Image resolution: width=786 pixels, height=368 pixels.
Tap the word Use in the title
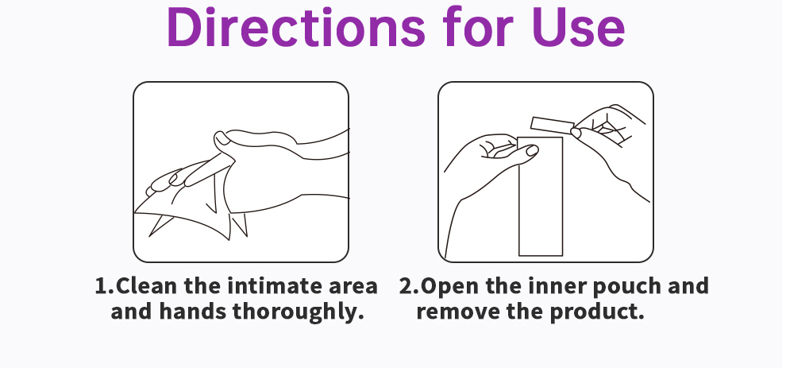tap(578, 27)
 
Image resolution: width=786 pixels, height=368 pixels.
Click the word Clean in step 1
tap(146, 286)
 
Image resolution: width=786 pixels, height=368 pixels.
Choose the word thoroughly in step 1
tap(298, 312)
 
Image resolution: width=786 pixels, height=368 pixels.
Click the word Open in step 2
tap(450, 287)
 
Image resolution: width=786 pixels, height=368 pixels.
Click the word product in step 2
tap(596, 312)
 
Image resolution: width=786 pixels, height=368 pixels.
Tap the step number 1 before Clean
tap(102, 286)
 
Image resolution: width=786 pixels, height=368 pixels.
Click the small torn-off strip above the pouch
tap(553, 125)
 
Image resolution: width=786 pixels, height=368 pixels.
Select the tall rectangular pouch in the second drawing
tap(541, 196)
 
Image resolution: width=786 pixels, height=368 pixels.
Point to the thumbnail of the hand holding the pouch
tap(532, 150)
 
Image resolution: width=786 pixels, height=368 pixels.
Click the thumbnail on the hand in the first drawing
tap(221, 139)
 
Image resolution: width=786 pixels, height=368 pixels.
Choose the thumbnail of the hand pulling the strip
tap(576, 133)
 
